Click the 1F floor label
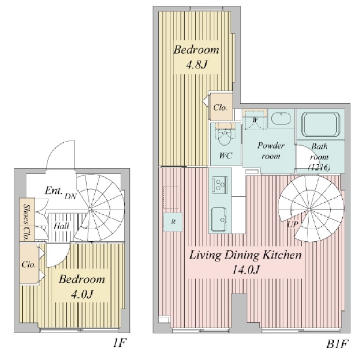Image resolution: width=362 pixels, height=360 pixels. (118, 343)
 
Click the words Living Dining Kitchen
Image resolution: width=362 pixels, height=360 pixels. (245, 256)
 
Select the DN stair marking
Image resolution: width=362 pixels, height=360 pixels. (70, 196)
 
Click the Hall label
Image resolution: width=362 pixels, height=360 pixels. (60, 226)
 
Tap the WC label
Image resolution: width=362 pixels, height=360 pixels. (226, 156)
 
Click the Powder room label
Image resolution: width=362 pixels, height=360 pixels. (270, 150)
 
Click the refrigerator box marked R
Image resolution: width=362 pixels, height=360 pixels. (173, 221)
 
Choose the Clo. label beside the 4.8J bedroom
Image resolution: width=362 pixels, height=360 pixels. (219, 108)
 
